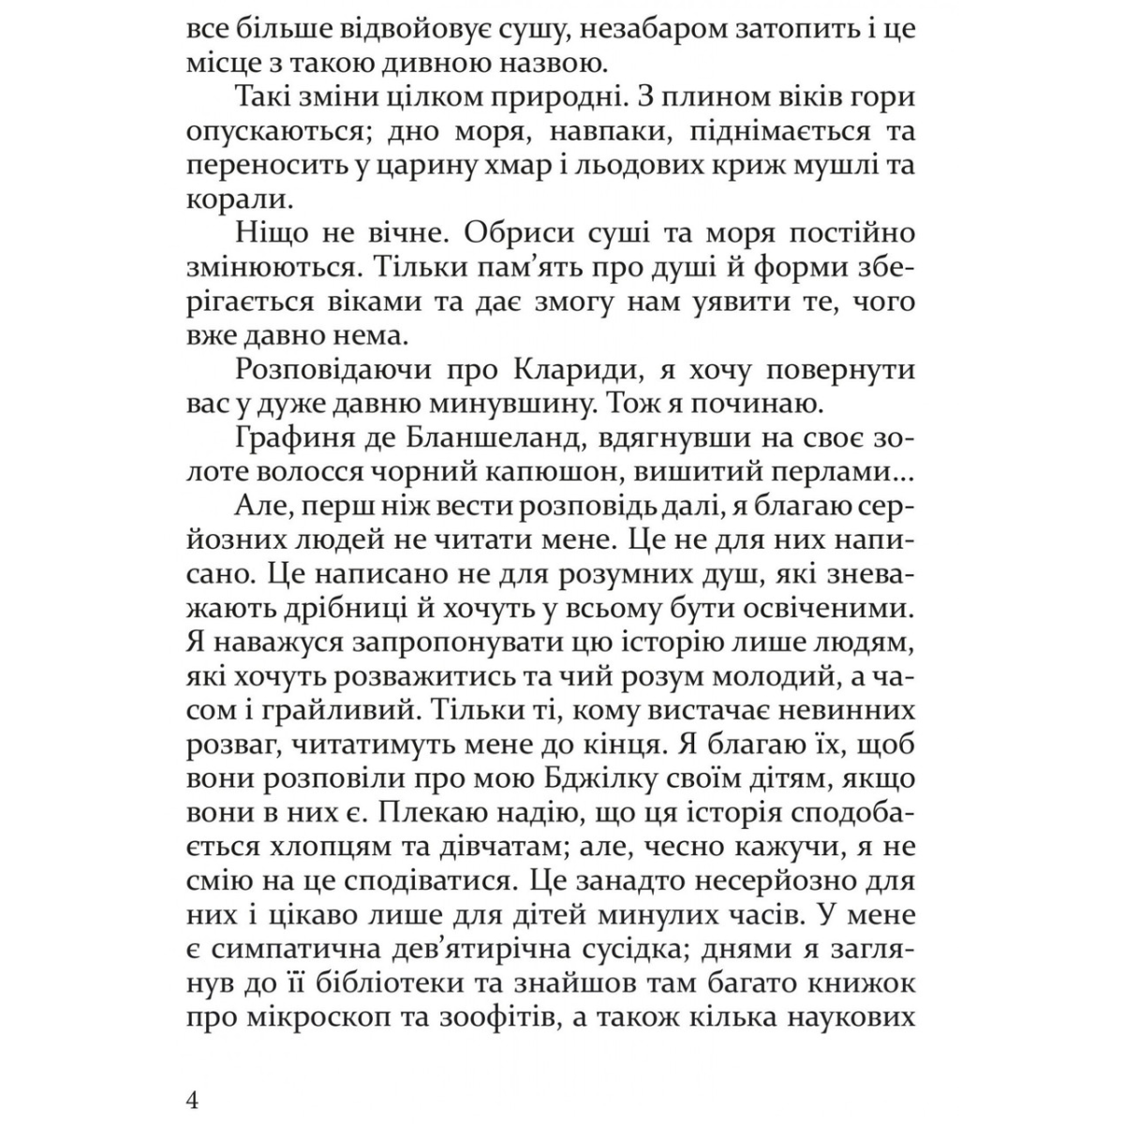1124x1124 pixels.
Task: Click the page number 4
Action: tap(194, 1099)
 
